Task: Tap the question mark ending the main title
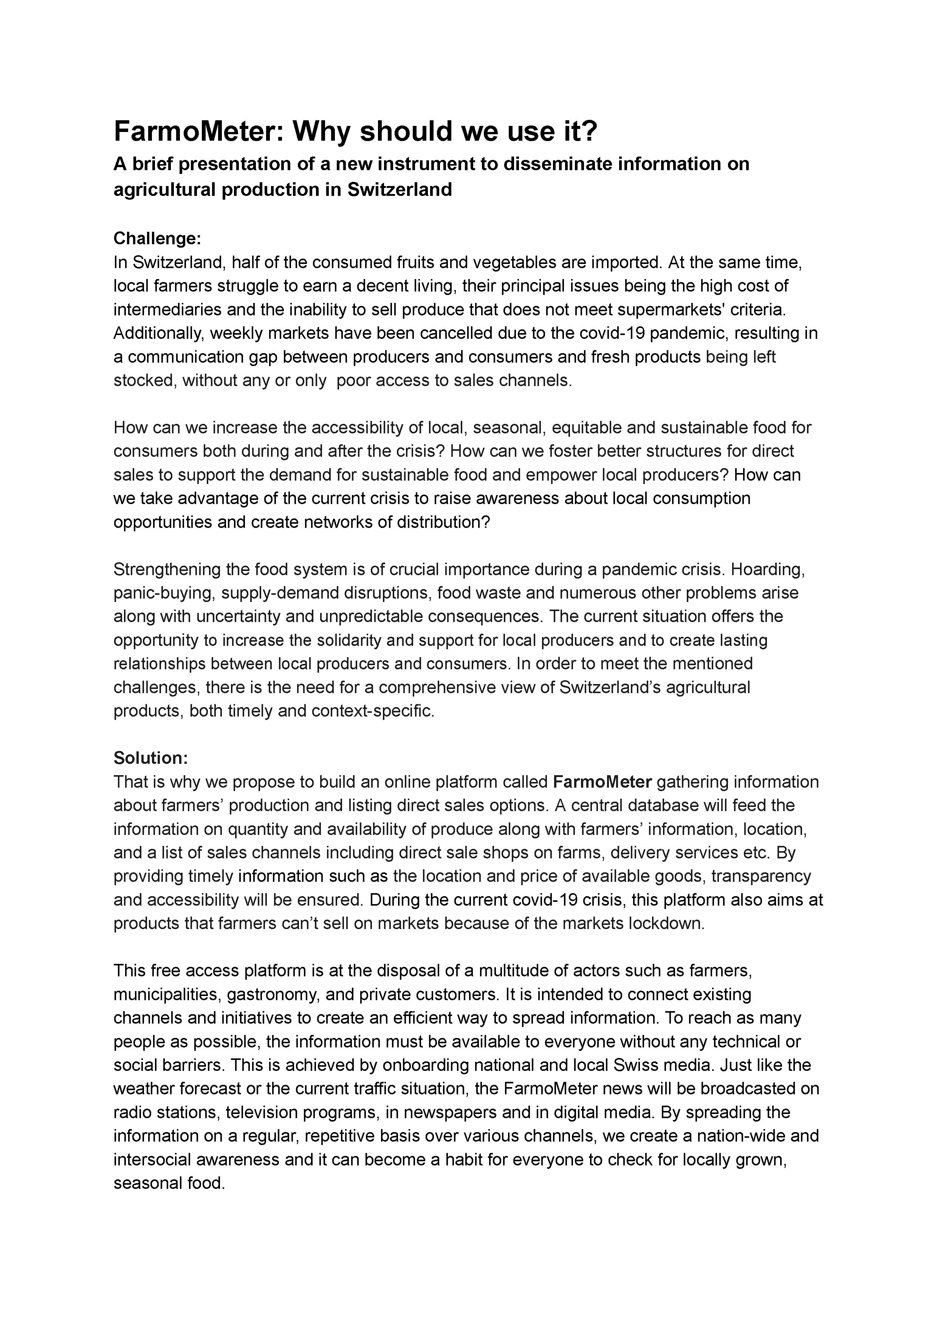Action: (589, 132)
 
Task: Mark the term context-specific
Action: (372, 711)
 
